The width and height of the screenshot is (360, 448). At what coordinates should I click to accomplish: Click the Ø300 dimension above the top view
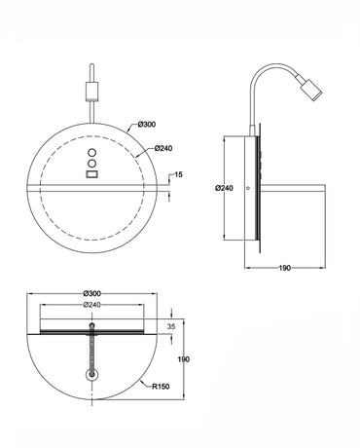(95, 293)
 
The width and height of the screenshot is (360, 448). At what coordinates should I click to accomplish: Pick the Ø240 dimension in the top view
(94, 305)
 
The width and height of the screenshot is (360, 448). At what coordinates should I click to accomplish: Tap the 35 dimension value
(172, 327)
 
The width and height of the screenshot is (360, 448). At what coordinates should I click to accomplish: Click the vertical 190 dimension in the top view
(184, 359)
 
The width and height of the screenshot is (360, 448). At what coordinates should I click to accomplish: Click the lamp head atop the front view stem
(91, 90)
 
